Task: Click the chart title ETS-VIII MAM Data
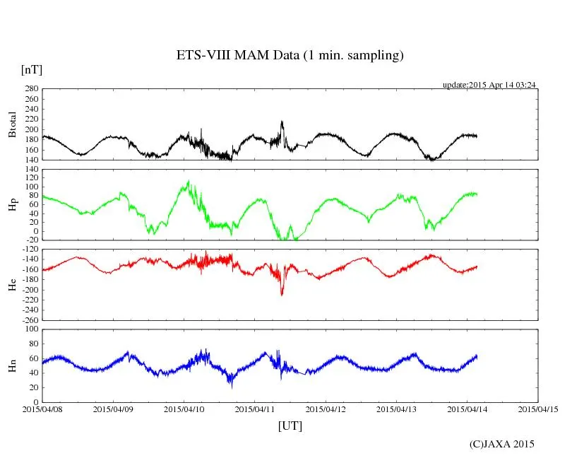[290, 55]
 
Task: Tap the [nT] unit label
[31, 70]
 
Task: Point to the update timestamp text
[490, 85]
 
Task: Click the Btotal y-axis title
[12, 124]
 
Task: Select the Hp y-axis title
[12, 204]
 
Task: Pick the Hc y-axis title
[12, 284]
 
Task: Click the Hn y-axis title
[12, 365]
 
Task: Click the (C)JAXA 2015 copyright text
[502, 444]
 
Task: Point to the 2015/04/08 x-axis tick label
[42, 409]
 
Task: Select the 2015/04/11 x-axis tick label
[255, 409]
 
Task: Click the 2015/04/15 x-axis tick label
[538, 409]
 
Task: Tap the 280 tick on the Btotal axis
[30, 89]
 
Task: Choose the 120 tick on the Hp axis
[30, 170]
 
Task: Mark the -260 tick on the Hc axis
[28, 320]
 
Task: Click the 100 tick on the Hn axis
[30, 329]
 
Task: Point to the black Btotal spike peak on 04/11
[282, 122]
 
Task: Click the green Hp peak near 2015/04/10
[188, 182]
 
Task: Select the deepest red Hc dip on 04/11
[282, 294]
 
